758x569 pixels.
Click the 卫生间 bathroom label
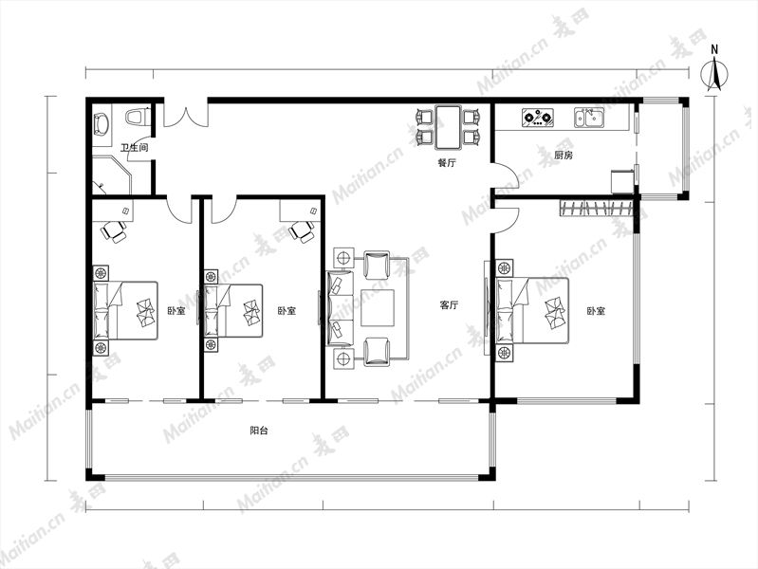tap(134, 147)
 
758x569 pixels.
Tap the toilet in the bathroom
tap(136, 117)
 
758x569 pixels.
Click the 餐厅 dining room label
tap(447, 163)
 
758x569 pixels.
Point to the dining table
tap(448, 127)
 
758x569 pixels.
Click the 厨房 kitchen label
tap(564, 156)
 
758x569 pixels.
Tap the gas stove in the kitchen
tap(538, 118)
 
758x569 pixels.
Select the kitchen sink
tap(589, 118)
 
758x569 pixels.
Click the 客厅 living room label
tap(449, 305)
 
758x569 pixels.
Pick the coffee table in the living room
tap(378, 307)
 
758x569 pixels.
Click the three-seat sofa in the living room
tap(340, 308)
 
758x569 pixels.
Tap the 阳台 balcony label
tap(259, 431)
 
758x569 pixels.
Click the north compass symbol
tap(714, 75)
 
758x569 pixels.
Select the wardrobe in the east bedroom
tap(596, 208)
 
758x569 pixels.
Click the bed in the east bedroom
tap(533, 310)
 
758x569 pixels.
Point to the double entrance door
tap(186, 115)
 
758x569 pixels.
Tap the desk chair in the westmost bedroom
tap(114, 230)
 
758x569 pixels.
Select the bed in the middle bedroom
tap(233, 310)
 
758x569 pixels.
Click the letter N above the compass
tap(714, 49)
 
